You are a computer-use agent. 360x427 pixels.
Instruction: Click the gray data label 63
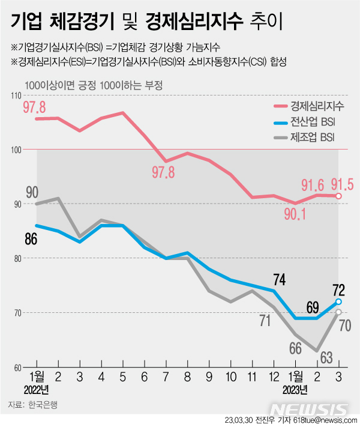(x=326, y=359)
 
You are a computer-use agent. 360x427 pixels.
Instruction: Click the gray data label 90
(x=32, y=192)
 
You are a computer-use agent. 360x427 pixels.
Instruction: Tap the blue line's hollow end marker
(x=338, y=301)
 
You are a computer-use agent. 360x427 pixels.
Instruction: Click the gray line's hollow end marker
(x=338, y=312)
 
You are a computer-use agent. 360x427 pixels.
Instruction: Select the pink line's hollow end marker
(x=338, y=196)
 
